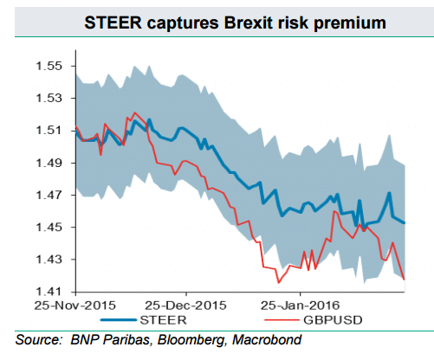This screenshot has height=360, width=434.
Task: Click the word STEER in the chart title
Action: pyautogui.click(x=113, y=22)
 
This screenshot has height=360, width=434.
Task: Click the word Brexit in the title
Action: pyautogui.click(x=249, y=22)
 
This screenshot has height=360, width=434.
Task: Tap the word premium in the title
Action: pyautogui.click(x=350, y=23)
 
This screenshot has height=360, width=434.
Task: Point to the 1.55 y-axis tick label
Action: pyautogui.click(x=49, y=66)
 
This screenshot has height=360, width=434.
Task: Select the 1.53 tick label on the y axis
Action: pyautogui.click(x=49, y=98)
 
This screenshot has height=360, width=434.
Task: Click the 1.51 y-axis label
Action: pyautogui.click(x=49, y=131)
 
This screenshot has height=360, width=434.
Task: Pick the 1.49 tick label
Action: pyautogui.click(x=49, y=163)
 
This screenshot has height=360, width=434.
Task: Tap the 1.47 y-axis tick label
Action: pyautogui.click(x=49, y=195)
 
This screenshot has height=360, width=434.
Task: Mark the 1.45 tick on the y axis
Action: pyautogui.click(x=49, y=228)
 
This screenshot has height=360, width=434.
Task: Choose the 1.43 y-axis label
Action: pyautogui.click(x=49, y=260)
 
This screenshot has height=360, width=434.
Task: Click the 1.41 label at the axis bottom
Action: pyautogui.click(x=49, y=292)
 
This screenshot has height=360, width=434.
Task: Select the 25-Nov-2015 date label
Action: pyautogui.click(x=74, y=305)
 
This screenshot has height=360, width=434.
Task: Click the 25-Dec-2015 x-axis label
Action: pyautogui.click(x=185, y=305)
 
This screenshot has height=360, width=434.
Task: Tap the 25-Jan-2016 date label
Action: pyautogui.click(x=300, y=305)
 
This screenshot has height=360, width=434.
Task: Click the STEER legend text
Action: pyautogui.click(x=163, y=320)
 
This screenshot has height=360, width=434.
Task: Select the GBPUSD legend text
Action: pyautogui.click(x=333, y=320)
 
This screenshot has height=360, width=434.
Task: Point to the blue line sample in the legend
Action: pyautogui.click(x=119, y=320)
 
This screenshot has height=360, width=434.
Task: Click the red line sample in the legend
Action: pyautogui.click(x=282, y=320)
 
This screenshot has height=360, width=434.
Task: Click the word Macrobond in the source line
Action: pyautogui.click(x=267, y=339)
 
